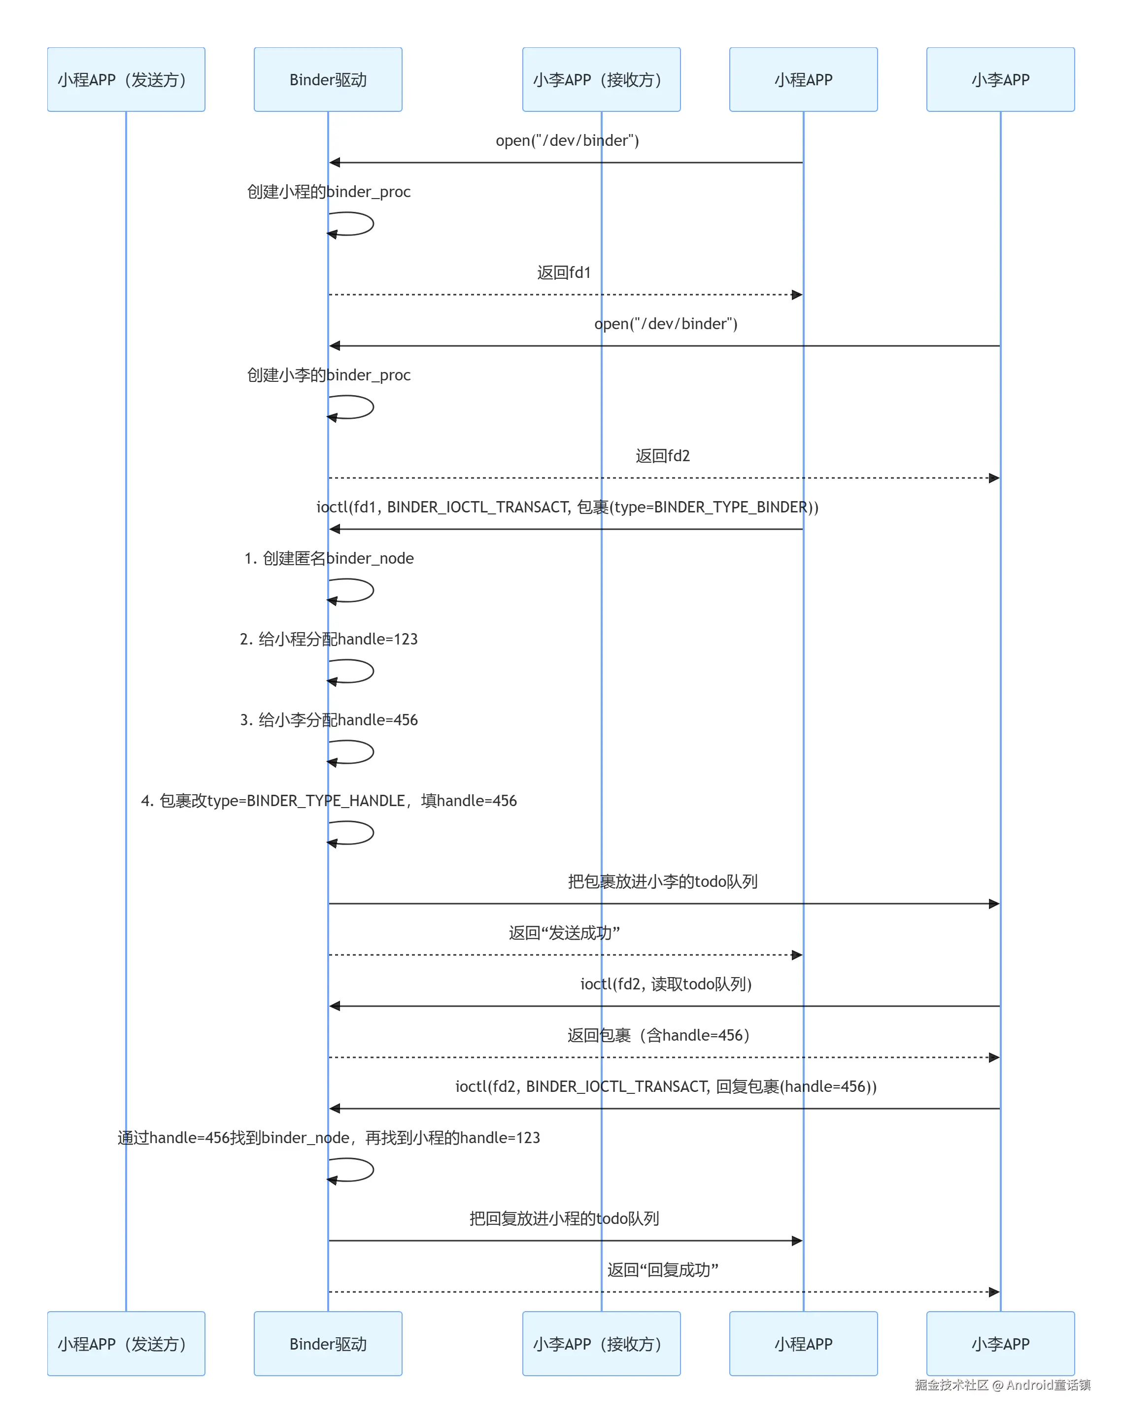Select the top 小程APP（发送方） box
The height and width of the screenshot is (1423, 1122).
point(126,79)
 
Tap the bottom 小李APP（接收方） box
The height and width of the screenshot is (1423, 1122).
point(601,1344)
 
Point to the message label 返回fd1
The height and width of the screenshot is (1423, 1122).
point(564,272)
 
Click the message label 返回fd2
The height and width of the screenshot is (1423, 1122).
point(663,456)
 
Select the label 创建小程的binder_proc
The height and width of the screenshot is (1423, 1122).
point(329,192)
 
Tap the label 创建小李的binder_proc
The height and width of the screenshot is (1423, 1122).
point(329,375)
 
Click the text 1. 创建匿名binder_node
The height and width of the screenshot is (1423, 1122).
point(329,558)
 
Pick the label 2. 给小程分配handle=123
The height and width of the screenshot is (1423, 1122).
point(329,639)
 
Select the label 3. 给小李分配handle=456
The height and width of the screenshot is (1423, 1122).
point(329,720)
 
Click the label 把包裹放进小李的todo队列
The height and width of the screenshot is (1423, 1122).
point(663,881)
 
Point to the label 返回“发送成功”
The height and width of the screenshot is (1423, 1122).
point(564,933)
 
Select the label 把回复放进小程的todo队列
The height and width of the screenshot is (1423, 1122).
point(564,1219)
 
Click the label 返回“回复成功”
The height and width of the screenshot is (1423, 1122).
point(663,1270)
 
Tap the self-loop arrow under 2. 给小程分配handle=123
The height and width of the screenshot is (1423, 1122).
point(373,671)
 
